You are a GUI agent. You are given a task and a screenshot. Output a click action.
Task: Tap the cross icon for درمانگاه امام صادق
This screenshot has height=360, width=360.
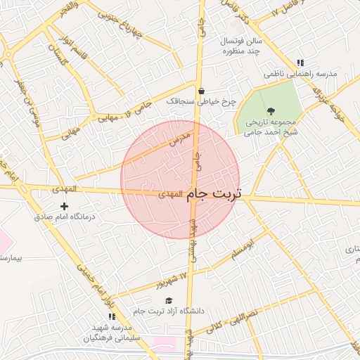65,206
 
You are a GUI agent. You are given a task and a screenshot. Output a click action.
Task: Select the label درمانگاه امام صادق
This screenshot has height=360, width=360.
65,217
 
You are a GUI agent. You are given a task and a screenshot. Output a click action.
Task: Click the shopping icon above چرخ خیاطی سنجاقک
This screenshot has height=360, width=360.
202,91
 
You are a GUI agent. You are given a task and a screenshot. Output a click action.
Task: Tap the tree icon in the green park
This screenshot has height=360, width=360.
271,110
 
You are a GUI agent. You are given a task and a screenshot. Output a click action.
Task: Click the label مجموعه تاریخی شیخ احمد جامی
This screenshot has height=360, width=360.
271,126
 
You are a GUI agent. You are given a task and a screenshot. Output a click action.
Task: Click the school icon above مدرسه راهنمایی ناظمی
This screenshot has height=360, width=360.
301,63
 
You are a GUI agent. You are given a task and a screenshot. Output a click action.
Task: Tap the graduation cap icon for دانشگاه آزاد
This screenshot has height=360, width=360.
168,300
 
